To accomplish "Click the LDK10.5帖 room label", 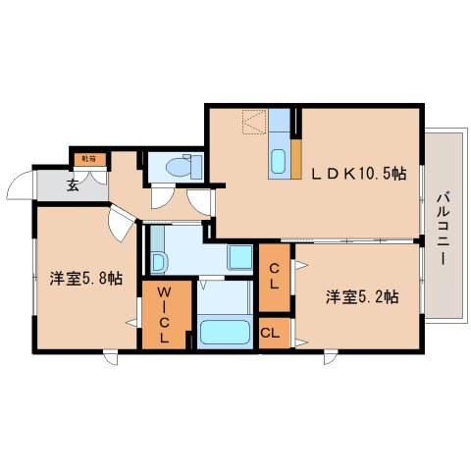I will click(359, 174).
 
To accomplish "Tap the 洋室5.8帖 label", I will click(86, 279).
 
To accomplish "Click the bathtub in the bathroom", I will click(225, 331).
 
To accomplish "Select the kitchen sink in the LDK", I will click(277, 160).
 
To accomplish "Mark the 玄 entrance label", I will click(73, 183).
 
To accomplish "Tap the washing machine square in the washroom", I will click(239, 258).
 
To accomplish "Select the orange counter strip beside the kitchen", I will click(295, 162).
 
